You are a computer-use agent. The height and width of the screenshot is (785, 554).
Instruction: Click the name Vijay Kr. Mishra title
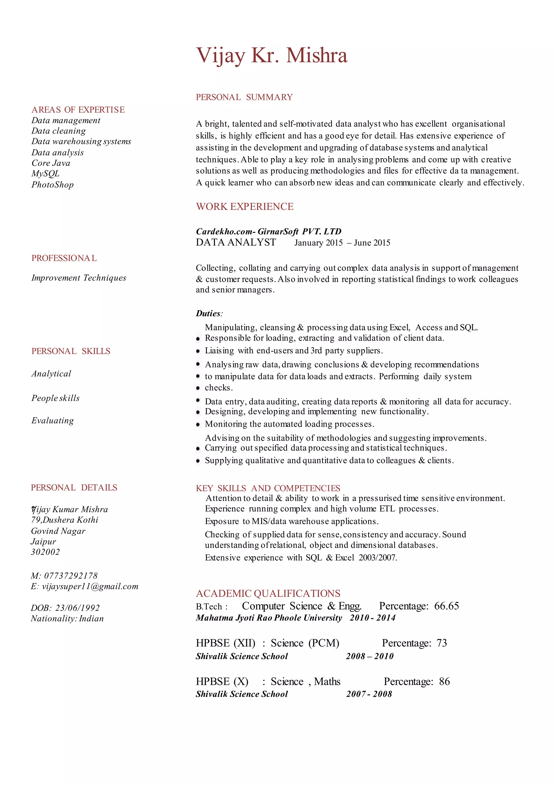pos(272,55)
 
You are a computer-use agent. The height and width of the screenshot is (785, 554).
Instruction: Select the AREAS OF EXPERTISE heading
pos(78,110)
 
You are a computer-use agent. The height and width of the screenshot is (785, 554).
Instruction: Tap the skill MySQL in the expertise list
pos(45,174)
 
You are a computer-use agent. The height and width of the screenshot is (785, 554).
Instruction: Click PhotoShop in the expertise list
pos(53,185)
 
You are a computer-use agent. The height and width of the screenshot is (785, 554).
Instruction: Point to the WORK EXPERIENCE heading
pos(245,207)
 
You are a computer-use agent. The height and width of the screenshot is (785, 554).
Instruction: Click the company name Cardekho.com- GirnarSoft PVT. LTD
pos(269,231)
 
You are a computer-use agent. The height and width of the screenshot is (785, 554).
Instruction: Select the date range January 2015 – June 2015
pos(342,243)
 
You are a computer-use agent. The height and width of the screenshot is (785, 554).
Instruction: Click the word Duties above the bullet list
pos(208,313)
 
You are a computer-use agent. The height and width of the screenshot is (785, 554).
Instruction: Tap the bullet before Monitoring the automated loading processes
pos(198,425)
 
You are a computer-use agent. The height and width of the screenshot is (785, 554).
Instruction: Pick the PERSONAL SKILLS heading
pos(71,351)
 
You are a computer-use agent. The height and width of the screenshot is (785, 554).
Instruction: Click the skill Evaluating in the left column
pos(53,421)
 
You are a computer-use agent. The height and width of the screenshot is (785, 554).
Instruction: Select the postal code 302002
pos(45,552)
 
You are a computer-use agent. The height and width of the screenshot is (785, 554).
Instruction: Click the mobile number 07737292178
pos(71,576)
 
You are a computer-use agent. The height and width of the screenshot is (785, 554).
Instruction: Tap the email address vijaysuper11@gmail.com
pos(90,586)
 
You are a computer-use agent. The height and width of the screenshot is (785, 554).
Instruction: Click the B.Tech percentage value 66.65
pos(446,606)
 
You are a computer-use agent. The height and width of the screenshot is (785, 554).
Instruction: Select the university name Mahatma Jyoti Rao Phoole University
pos(269,618)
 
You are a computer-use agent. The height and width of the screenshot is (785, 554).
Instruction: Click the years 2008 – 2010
pos(370,656)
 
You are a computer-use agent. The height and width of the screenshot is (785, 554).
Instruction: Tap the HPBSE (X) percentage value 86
pos(444,681)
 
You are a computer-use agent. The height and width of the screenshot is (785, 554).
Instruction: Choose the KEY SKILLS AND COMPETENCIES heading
pos(268,488)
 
